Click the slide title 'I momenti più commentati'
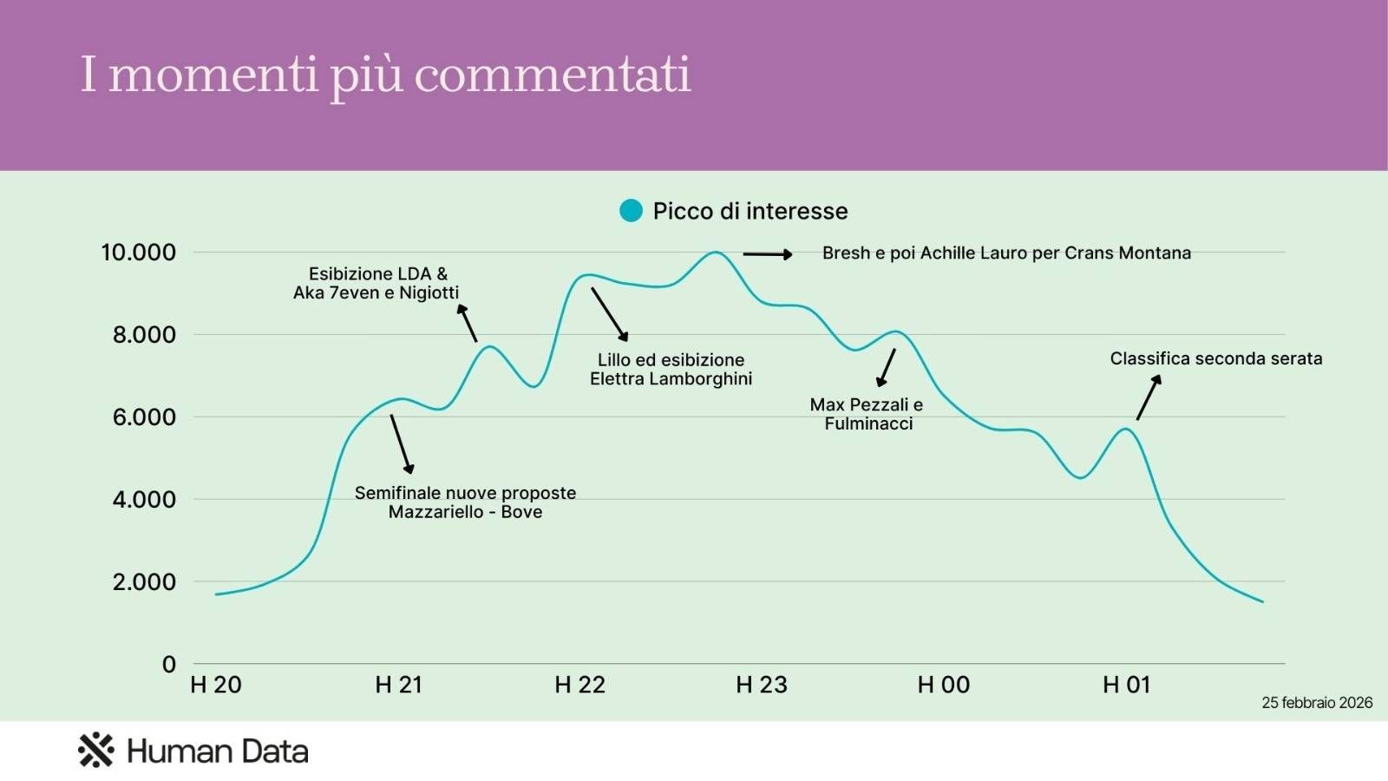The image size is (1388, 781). tap(385, 75)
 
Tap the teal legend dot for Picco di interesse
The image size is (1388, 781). tap(631, 211)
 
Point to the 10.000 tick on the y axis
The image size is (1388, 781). tap(139, 253)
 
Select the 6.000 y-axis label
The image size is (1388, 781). tap(144, 417)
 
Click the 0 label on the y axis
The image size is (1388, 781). tap(169, 665)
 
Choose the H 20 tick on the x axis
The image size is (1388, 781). tap(216, 685)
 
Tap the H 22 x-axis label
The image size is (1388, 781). tap(579, 685)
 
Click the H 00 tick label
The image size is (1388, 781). tap(944, 685)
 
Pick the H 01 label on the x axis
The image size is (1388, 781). tap(1126, 685)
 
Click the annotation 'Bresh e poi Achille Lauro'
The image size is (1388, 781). tap(1006, 253)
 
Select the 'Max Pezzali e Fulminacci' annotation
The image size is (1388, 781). tap(867, 414)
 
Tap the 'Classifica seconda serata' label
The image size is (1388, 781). tap(1216, 358)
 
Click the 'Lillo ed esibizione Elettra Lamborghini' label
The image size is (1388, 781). tap(671, 369)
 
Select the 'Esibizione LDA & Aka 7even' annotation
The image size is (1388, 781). tap(376, 283)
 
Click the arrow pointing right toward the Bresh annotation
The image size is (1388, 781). tap(768, 254)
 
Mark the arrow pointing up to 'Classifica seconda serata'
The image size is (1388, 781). tap(1149, 397)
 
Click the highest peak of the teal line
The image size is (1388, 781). tap(715, 253)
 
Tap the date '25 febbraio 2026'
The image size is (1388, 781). tap(1317, 703)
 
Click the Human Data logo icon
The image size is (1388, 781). tap(95, 751)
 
